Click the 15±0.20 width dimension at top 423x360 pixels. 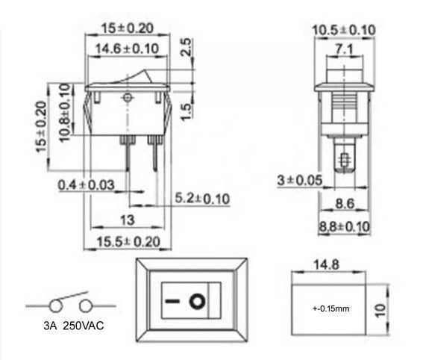point(128,28)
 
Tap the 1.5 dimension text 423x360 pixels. point(189,111)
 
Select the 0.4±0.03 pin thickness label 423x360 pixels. point(87,184)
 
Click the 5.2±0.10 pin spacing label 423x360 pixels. point(201,198)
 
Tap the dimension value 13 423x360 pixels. point(127,220)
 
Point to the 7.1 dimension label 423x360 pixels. point(345,49)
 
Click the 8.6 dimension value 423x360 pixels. point(344,202)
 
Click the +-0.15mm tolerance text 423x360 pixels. point(329,308)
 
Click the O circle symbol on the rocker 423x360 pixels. point(197,302)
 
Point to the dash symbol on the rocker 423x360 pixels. point(172,302)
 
